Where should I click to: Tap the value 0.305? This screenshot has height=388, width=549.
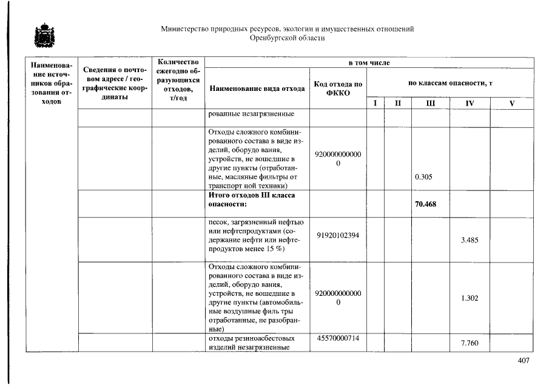[x=423, y=178]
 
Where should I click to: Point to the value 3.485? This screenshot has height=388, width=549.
[x=470, y=240]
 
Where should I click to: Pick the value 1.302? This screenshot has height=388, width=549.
[x=470, y=298]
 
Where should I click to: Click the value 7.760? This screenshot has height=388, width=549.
[x=470, y=343]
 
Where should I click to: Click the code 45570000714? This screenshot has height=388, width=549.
[x=338, y=338]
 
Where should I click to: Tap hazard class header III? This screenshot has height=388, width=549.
[x=430, y=104]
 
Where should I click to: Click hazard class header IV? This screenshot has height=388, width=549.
[x=469, y=104]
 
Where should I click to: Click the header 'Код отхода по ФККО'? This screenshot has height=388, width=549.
[x=338, y=89]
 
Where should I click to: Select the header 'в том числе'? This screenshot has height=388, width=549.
[x=369, y=62]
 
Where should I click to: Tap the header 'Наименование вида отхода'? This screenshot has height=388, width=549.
[x=257, y=89]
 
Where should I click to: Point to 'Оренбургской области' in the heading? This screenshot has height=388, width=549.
[x=287, y=38]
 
